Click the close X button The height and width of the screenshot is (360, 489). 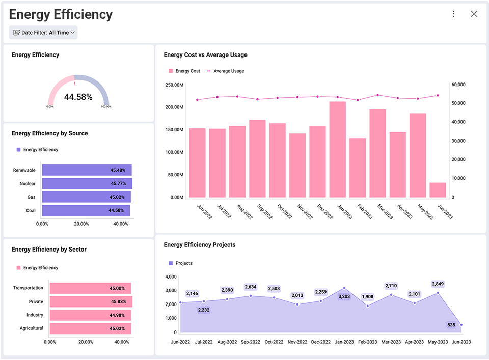(474, 14)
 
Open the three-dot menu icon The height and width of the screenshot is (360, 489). (453, 14)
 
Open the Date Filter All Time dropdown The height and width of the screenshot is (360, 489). (43, 33)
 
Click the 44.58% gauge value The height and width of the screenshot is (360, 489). (78, 97)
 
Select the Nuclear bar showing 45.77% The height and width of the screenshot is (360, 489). (87, 183)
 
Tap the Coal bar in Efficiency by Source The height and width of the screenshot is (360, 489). (86, 210)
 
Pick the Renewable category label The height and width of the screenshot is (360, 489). (24, 170)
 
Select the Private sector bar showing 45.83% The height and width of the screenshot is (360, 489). (91, 301)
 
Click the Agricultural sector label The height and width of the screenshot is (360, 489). (31, 328)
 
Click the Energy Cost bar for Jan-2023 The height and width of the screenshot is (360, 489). (338, 149)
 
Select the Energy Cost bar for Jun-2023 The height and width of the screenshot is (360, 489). (438, 190)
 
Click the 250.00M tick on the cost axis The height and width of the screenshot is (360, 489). (174, 85)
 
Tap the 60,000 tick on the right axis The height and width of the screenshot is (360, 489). (458, 85)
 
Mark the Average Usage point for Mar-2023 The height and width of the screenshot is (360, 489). (377, 95)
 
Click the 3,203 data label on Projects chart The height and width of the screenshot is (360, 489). (344, 296)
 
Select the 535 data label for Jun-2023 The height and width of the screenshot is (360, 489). (451, 325)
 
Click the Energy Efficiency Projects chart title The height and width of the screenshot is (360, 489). (200, 245)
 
